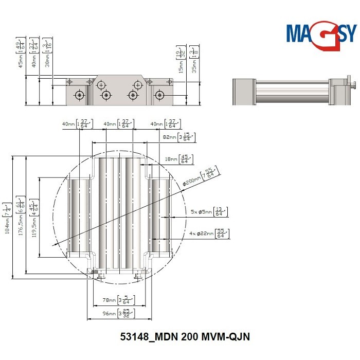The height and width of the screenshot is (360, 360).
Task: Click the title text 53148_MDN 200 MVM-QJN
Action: [x=184, y=337]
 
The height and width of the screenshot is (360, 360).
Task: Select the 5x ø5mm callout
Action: [x=209, y=211]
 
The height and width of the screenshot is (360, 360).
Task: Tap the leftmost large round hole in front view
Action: [x=79, y=95]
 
